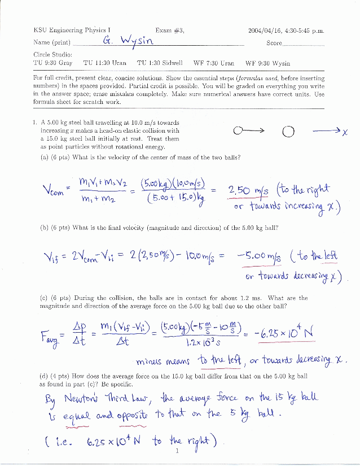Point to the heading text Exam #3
click(x=169, y=31)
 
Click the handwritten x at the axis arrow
click(x=344, y=132)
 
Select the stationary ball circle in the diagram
click(x=288, y=132)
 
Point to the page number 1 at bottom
click(x=178, y=451)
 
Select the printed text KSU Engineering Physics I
click(x=72, y=31)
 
